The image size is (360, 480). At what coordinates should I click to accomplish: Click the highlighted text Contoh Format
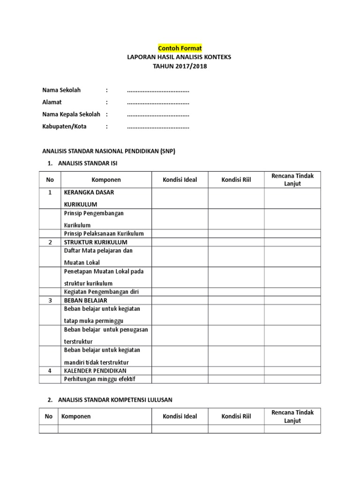(180, 48)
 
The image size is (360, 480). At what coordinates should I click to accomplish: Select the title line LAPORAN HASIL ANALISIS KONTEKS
(180, 57)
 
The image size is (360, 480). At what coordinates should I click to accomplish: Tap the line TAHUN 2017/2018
(180, 66)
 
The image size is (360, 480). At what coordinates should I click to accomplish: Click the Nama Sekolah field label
(61, 90)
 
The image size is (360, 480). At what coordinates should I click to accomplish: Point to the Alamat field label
(52, 102)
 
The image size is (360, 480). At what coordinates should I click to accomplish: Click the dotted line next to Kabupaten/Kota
(158, 127)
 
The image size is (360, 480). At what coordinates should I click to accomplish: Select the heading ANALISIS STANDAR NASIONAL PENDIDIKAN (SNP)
(109, 151)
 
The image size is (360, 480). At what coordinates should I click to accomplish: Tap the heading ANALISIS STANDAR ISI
(88, 163)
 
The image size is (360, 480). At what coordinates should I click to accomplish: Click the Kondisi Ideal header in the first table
(180, 180)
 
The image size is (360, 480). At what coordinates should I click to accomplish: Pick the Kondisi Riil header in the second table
(236, 416)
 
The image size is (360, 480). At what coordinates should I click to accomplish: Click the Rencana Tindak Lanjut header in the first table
(292, 180)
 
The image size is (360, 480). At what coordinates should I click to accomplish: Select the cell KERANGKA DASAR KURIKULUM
(89, 198)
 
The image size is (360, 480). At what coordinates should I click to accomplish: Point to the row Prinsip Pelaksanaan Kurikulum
(104, 233)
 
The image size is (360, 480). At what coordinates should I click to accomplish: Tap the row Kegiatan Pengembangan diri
(101, 292)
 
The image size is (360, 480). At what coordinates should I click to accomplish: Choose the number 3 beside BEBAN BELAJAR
(50, 300)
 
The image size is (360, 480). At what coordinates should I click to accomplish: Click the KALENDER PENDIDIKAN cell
(95, 371)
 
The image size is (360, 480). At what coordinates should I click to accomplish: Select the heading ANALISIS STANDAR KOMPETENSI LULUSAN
(115, 400)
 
